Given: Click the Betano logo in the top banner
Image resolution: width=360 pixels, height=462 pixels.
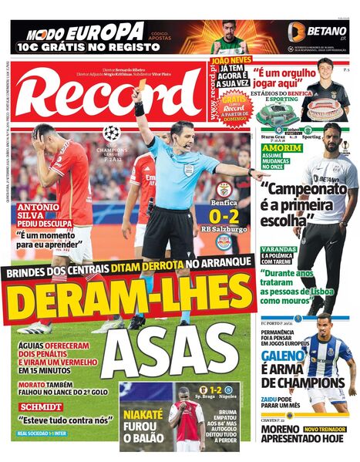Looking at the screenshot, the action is [318, 31].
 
